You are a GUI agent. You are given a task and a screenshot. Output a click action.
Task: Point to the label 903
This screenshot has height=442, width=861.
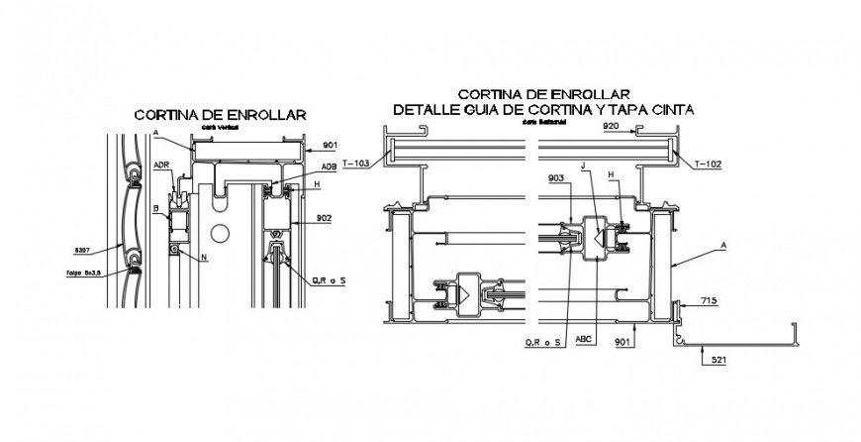[x=554, y=178]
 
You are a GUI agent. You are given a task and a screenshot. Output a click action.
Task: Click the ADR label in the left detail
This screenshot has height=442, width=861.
[x=161, y=166]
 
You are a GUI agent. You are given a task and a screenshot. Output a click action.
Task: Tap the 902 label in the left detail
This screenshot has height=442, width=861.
[x=323, y=217]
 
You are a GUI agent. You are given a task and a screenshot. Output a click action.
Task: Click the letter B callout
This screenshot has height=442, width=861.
[x=155, y=208]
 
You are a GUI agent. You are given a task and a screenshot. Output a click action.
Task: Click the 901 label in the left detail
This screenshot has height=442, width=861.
[x=330, y=144]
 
